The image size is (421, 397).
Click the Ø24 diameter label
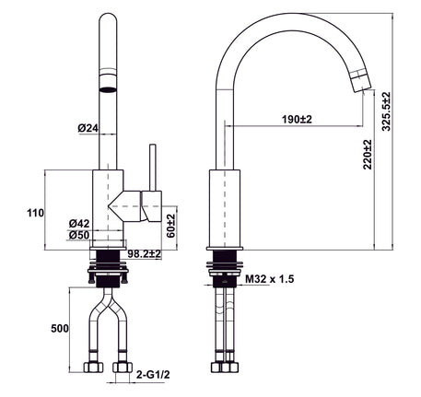(88, 128)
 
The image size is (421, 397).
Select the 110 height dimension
(36, 213)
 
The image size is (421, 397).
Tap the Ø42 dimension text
(79, 223)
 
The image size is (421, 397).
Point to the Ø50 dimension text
(79, 235)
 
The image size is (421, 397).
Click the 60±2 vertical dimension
(170, 226)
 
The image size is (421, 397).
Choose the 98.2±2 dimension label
(145, 254)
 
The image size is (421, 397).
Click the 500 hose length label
(60, 329)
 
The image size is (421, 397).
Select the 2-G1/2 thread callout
(153, 375)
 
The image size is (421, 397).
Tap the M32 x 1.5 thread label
(270, 279)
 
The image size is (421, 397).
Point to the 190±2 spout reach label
(297, 119)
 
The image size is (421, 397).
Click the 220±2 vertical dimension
(368, 155)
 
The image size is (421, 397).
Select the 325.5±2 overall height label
(386, 111)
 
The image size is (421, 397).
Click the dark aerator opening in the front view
(108, 89)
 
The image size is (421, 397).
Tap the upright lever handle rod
(153, 168)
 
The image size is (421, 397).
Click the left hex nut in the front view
(94, 368)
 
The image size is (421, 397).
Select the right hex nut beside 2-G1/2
(123, 368)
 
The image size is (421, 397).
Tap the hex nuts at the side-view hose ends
(225, 368)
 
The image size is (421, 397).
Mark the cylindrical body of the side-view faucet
(225, 208)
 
